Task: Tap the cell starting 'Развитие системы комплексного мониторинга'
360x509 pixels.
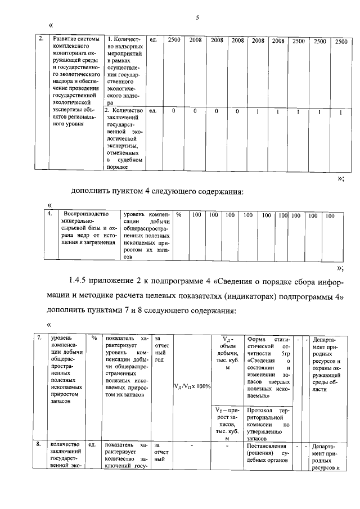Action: click(x=75, y=79)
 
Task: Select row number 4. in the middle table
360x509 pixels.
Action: click(x=50, y=214)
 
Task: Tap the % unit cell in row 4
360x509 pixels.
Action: click(x=178, y=215)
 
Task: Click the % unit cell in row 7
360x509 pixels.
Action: click(x=93, y=339)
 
